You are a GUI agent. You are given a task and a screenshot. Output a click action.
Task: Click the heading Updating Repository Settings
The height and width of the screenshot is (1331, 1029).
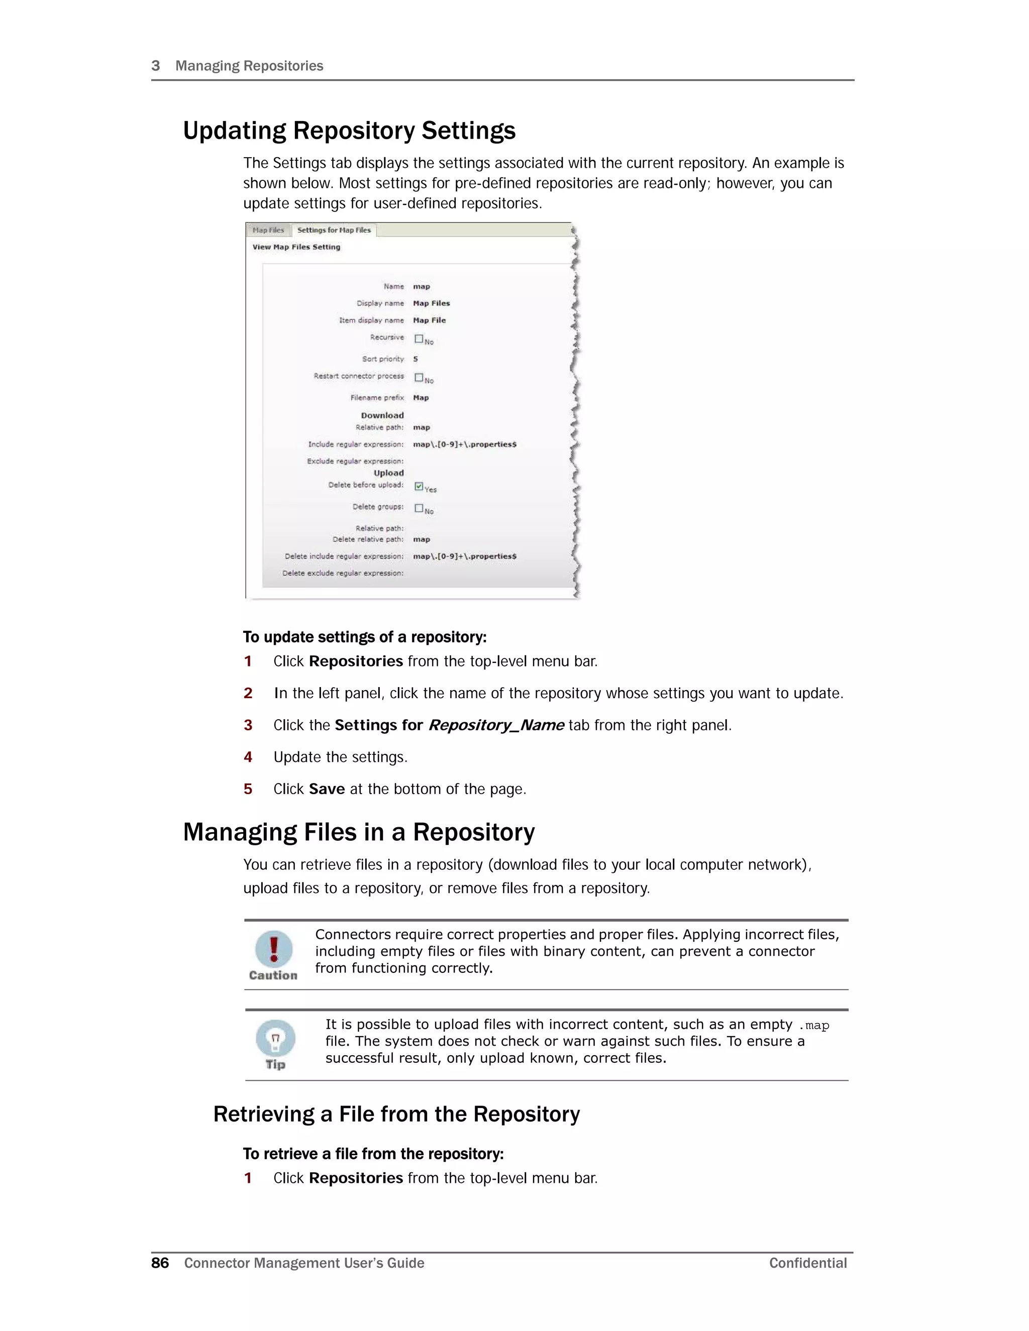[x=349, y=131]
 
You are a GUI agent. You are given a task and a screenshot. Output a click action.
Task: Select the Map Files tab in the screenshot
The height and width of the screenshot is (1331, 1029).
[x=268, y=231]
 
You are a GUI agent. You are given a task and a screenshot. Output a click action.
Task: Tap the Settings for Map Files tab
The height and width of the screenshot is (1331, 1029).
[x=334, y=231]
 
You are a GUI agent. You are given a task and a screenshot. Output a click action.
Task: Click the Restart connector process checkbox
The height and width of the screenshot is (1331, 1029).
[x=419, y=377]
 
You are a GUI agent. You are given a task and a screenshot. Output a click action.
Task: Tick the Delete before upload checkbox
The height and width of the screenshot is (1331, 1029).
[x=419, y=486]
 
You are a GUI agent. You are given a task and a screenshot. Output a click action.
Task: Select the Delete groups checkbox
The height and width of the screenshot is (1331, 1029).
[x=419, y=508]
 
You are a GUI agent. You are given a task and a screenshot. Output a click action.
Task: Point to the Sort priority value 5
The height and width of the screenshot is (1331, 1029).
[x=415, y=359]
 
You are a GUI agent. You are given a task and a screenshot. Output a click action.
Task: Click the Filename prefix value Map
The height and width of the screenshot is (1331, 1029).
[x=421, y=398]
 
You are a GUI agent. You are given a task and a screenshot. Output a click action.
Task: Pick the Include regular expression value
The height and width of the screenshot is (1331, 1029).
[x=465, y=445]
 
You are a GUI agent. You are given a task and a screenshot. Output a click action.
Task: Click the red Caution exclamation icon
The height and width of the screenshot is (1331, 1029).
[x=274, y=948]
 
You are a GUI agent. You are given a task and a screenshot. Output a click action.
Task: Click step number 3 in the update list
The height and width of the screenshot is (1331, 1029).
[x=248, y=725]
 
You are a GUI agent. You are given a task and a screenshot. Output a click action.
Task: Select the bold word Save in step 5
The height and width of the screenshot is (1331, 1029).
[x=327, y=789]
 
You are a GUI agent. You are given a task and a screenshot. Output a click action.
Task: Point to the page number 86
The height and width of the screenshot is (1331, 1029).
[x=160, y=1263]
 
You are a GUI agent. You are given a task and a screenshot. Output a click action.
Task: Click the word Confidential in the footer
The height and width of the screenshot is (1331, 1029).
[x=808, y=1263]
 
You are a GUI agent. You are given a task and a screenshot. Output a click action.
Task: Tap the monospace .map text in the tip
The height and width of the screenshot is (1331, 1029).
[x=814, y=1026]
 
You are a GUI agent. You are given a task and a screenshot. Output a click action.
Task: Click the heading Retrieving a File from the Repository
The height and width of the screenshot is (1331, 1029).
[x=396, y=1114]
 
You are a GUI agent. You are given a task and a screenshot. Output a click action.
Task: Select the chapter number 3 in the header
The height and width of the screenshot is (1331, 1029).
[x=155, y=66]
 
